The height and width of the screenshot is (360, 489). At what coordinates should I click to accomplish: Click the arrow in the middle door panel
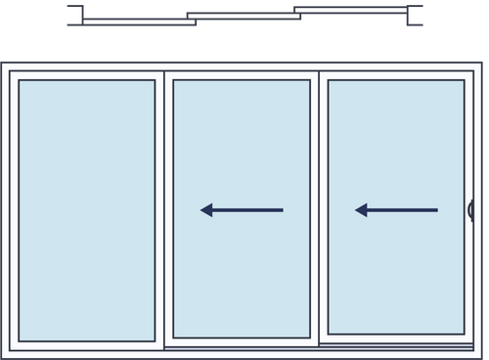point(242,209)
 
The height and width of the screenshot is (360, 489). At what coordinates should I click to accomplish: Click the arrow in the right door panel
point(396,209)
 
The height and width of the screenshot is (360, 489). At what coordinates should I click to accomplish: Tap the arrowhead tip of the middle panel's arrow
point(202,209)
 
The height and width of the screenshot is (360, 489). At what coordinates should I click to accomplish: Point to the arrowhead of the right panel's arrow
point(358,209)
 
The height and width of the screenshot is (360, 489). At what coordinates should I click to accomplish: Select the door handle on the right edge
point(470,209)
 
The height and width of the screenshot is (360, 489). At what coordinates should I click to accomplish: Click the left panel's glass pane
point(87,209)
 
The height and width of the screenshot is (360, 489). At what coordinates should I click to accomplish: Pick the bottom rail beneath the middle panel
point(242,345)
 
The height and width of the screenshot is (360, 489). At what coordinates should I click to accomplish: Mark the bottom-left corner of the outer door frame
point(4,356)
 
